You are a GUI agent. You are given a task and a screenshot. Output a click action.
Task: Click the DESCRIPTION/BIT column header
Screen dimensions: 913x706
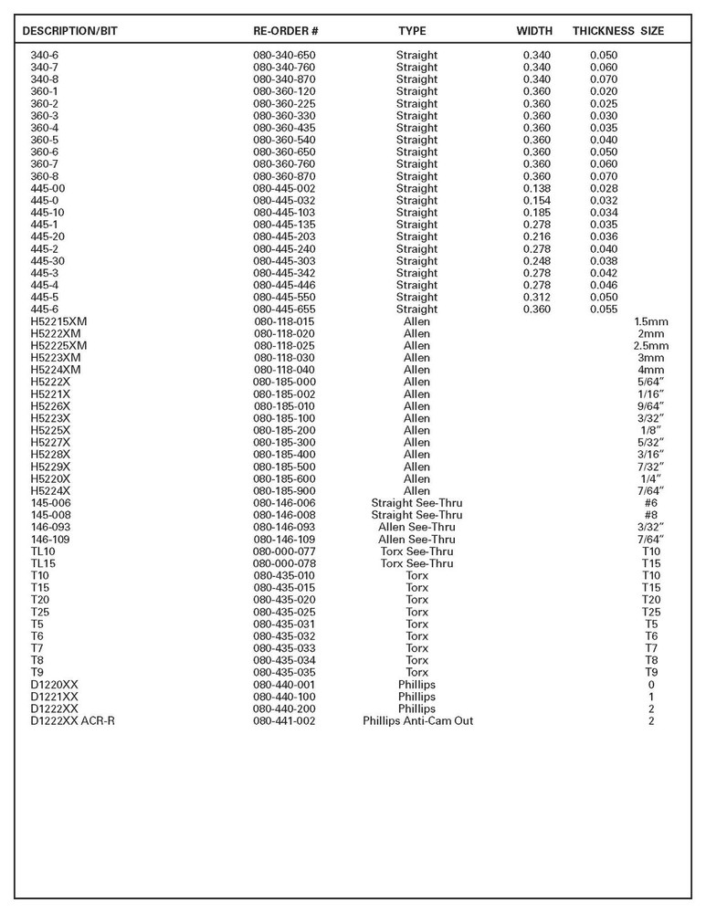(70, 31)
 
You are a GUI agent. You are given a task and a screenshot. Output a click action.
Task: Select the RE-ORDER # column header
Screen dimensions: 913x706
(285, 31)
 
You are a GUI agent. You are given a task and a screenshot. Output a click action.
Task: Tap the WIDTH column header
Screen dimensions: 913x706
(534, 31)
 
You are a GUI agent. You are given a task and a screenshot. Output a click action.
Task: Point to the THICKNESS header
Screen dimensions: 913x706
(603, 31)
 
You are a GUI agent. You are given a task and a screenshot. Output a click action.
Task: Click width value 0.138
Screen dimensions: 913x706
(537, 188)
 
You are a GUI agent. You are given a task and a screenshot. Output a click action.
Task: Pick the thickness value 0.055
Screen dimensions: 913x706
(604, 310)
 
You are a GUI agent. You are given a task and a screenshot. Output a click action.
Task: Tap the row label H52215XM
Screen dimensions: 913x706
(58, 321)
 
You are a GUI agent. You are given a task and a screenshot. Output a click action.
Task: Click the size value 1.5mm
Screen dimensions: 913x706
(650, 321)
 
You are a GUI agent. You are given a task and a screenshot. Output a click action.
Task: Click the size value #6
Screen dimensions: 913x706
(650, 503)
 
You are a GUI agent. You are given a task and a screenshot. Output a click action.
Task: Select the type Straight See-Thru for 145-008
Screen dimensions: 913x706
(416, 515)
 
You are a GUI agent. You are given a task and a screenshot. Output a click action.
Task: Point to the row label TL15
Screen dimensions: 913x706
(43, 563)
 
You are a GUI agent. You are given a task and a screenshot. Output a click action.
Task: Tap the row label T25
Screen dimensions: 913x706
(40, 612)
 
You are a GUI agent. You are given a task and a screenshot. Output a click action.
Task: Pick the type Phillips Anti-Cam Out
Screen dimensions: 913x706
(417, 720)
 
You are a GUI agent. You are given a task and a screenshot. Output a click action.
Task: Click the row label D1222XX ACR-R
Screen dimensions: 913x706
(72, 720)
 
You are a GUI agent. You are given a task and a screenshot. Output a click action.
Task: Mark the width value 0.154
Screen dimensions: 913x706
(537, 200)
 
